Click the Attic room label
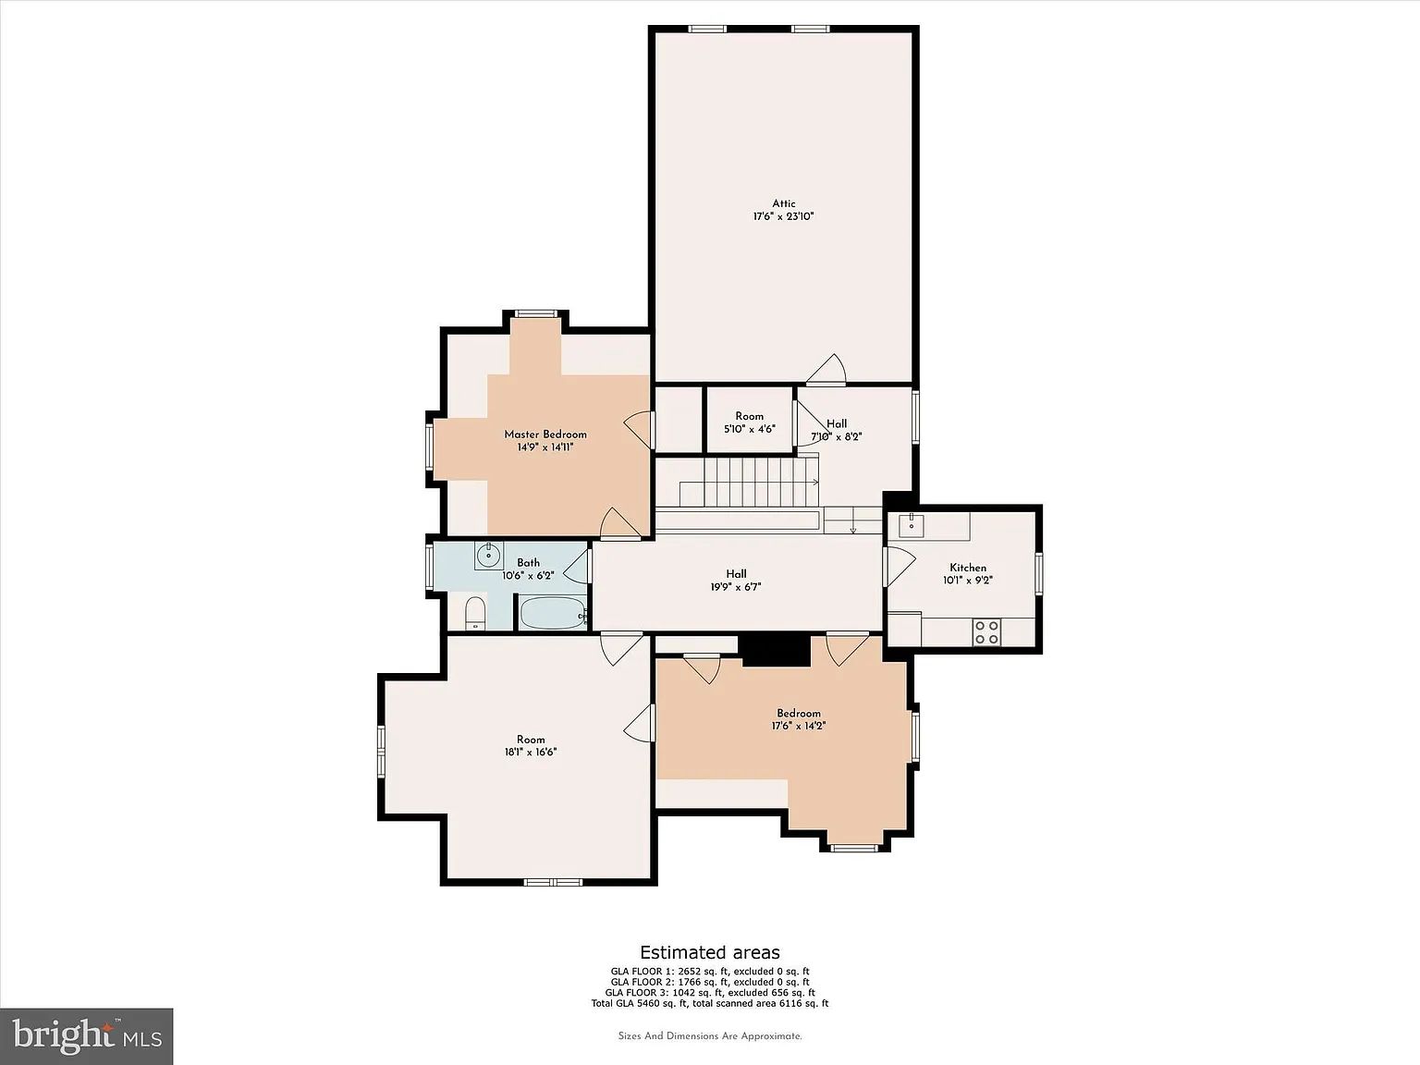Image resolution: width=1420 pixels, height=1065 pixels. click(x=783, y=203)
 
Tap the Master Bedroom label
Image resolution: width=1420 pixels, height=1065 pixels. click(x=545, y=435)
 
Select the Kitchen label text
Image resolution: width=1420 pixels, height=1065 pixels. click(x=968, y=568)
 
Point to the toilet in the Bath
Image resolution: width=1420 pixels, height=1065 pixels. click(x=475, y=613)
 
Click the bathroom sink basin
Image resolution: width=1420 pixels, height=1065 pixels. click(x=488, y=554)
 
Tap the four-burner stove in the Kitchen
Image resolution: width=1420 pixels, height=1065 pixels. click(x=986, y=631)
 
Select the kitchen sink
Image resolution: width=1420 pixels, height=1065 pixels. click(x=911, y=525)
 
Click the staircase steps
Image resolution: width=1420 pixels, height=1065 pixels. click(x=749, y=482)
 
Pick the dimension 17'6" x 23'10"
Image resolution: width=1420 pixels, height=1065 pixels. click(x=783, y=216)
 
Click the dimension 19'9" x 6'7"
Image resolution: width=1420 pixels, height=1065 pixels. click(x=736, y=587)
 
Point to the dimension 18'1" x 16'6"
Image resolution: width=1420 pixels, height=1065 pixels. click(x=531, y=752)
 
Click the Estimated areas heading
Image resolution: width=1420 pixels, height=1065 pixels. click(x=710, y=952)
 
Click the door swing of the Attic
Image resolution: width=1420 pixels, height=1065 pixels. click(x=826, y=370)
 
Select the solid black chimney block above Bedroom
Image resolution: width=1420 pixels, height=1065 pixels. click(x=775, y=649)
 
